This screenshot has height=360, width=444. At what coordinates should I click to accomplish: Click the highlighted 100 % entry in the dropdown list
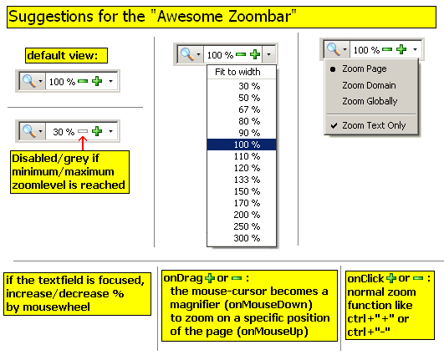(x=242, y=145)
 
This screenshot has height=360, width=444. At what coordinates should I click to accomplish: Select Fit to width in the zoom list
(x=237, y=72)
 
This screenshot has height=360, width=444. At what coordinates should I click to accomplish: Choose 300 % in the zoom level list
(x=247, y=238)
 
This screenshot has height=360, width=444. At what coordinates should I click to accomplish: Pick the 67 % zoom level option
(x=249, y=109)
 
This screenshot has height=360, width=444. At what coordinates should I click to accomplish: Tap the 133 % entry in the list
(x=247, y=180)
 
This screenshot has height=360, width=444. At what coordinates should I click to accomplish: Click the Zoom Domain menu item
(x=369, y=85)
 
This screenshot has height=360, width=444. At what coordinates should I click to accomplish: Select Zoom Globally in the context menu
(x=370, y=101)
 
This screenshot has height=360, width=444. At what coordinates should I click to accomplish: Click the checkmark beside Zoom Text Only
(x=334, y=125)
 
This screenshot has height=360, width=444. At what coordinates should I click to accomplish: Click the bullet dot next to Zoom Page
(x=333, y=69)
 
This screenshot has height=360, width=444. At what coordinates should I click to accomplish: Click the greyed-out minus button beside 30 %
(x=83, y=131)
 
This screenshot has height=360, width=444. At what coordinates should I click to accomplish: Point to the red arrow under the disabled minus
(x=83, y=144)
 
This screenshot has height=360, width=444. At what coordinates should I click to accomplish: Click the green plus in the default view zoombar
(x=97, y=81)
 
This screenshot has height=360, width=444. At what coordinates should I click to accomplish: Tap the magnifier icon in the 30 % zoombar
(x=29, y=131)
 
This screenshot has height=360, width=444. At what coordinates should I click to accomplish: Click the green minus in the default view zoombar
(x=83, y=81)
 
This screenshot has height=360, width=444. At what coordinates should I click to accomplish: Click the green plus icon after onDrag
(x=210, y=278)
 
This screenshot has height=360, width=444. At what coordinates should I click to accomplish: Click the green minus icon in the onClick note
(x=418, y=278)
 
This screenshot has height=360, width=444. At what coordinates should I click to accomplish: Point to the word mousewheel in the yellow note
(x=56, y=307)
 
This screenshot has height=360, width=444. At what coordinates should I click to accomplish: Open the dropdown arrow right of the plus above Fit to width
(x=269, y=54)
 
